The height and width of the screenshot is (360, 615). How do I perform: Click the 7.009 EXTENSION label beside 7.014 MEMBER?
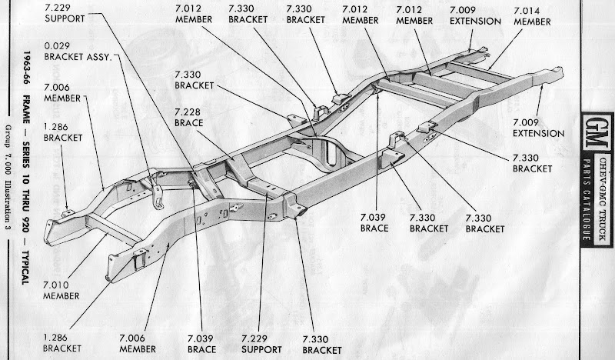475,15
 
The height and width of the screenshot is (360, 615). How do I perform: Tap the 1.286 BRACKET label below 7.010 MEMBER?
62,342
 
